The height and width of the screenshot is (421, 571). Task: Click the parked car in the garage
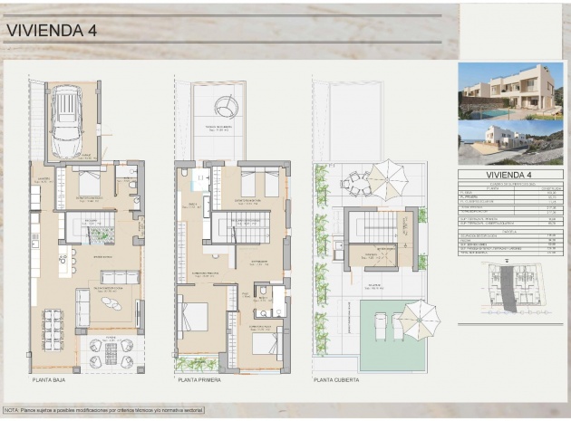click(67, 119)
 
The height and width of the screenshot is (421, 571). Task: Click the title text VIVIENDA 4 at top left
click(52, 30)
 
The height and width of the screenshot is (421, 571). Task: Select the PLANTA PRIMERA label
click(201, 380)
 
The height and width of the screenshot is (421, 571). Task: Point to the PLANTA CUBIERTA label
click(336, 380)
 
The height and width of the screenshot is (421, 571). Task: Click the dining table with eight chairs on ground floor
click(53, 329)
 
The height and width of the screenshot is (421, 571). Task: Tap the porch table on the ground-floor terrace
click(111, 352)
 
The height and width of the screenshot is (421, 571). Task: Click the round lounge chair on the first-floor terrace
click(224, 109)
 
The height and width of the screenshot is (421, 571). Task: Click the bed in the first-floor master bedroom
click(194, 316)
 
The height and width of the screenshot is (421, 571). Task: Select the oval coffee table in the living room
click(111, 303)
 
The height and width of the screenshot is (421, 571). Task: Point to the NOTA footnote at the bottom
click(103, 410)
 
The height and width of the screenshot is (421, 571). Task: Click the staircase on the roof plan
click(372, 228)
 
